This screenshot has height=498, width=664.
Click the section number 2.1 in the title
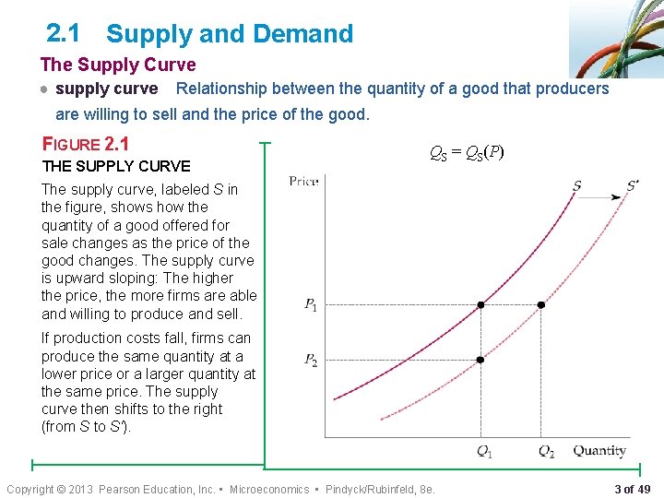63,33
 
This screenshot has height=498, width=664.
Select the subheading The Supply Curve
118,65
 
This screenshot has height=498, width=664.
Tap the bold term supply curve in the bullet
107,89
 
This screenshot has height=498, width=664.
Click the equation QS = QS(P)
467,153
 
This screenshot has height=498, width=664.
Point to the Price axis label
303,181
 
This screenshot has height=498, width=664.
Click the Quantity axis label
599,451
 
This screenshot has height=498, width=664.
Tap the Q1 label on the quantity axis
483,451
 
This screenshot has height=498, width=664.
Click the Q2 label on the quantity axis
546,451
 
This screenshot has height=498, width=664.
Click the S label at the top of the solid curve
576,186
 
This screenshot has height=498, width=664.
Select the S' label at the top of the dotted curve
632,186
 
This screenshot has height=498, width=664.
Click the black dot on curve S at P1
480,304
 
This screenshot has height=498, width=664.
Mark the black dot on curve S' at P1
541,304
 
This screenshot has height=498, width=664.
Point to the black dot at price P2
480,360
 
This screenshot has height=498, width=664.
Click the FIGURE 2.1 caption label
86,144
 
